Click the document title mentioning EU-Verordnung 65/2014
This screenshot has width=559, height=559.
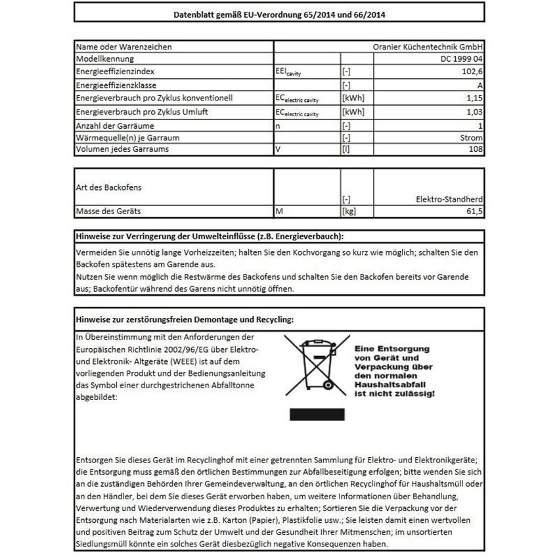point(279,14)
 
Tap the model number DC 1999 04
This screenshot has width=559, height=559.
point(462,58)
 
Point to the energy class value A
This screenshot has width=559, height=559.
point(480,85)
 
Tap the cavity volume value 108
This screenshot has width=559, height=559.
point(476,149)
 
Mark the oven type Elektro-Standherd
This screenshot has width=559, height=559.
point(450,199)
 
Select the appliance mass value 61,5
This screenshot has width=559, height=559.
point(474,212)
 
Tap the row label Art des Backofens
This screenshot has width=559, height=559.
point(109,187)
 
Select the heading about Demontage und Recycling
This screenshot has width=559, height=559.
point(186,320)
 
